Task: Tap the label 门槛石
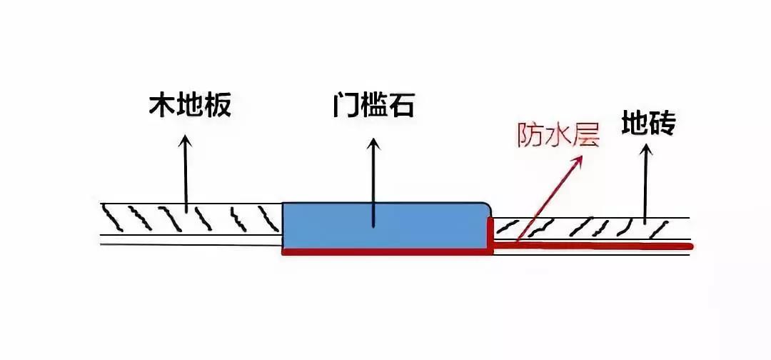click(x=373, y=107)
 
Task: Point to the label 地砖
click(x=648, y=124)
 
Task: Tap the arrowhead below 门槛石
click(x=373, y=144)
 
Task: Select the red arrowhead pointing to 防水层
click(x=578, y=159)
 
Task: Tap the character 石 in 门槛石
click(x=401, y=107)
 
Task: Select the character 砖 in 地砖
click(x=662, y=124)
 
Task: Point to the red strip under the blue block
click(x=385, y=251)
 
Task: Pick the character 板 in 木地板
click(x=219, y=107)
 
